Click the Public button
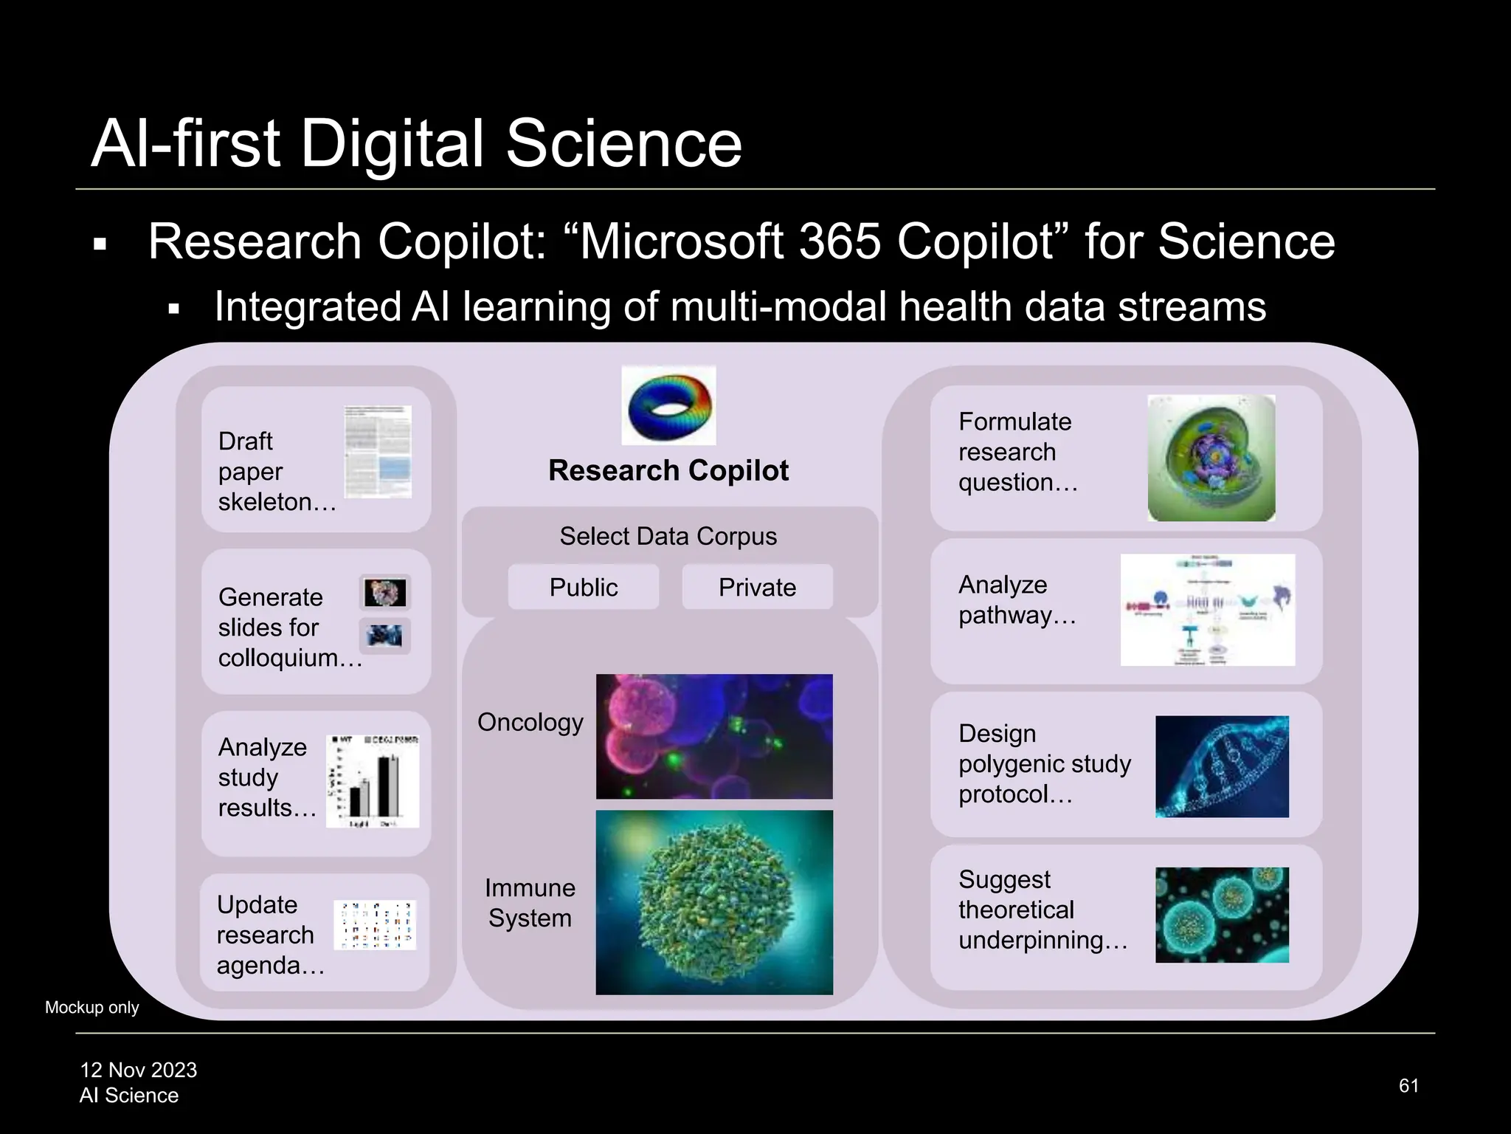tap(583, 587)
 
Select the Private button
tap(757, 587)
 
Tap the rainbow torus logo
tap(668, 405)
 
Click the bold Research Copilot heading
tap(668, 470)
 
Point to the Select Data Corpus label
tap(668, 536)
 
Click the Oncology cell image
tap(714, 736)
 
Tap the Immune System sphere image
tap(714, 902)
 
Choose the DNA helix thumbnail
tap(1222, 766)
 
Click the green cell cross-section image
tap(1211, 458)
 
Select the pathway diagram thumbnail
tap(1208, 610)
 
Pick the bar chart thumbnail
tap(373, 781)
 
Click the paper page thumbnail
tap(378, 452)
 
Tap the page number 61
tap(1408, 1085)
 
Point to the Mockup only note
tap(92, 1008)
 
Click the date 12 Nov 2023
tap(139, 1070)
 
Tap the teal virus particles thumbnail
tap(1222, 915)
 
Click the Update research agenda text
tap(270, 935)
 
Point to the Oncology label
tap(530, 722)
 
